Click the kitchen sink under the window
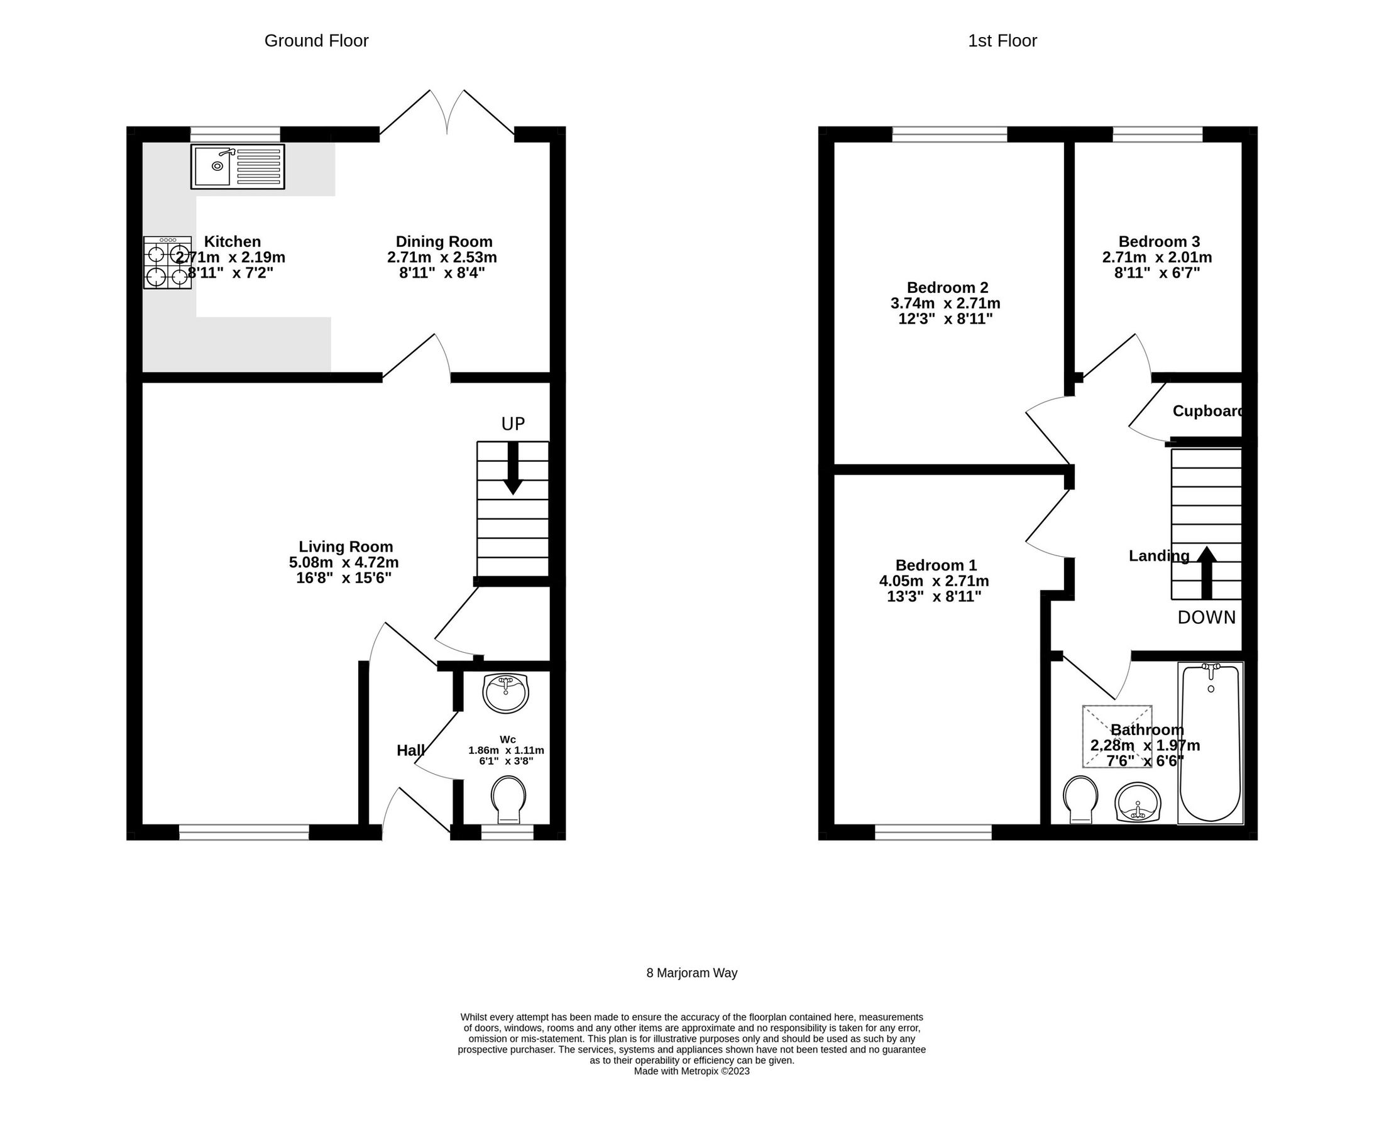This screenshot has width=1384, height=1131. point(237,167)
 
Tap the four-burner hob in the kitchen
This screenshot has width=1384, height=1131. point(167,263)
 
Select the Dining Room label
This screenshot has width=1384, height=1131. point(444,242)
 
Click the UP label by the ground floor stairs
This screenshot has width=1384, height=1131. point(513,424)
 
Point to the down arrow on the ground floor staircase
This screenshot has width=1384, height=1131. point(513,469)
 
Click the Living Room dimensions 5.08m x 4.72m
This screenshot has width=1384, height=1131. point(343,562)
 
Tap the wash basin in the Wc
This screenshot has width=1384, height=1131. point(505,694)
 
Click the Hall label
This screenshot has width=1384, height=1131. point(410,750)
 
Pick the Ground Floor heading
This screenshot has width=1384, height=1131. point(316,41)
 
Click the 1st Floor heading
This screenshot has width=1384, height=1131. point(1002,41)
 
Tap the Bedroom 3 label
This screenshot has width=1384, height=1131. point(1159,242)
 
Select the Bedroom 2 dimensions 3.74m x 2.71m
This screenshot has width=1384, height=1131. point(945,303)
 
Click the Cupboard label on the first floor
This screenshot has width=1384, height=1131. point(1207,411)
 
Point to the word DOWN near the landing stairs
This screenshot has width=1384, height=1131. point(1206,618)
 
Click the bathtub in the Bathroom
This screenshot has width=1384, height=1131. point(1210,743)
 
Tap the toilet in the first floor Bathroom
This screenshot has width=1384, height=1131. point(1080,800)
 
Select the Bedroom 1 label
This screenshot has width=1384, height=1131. point(936,565)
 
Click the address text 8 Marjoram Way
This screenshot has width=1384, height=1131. point(691,973)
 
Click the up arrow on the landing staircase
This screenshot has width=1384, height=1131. point(1207,572)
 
